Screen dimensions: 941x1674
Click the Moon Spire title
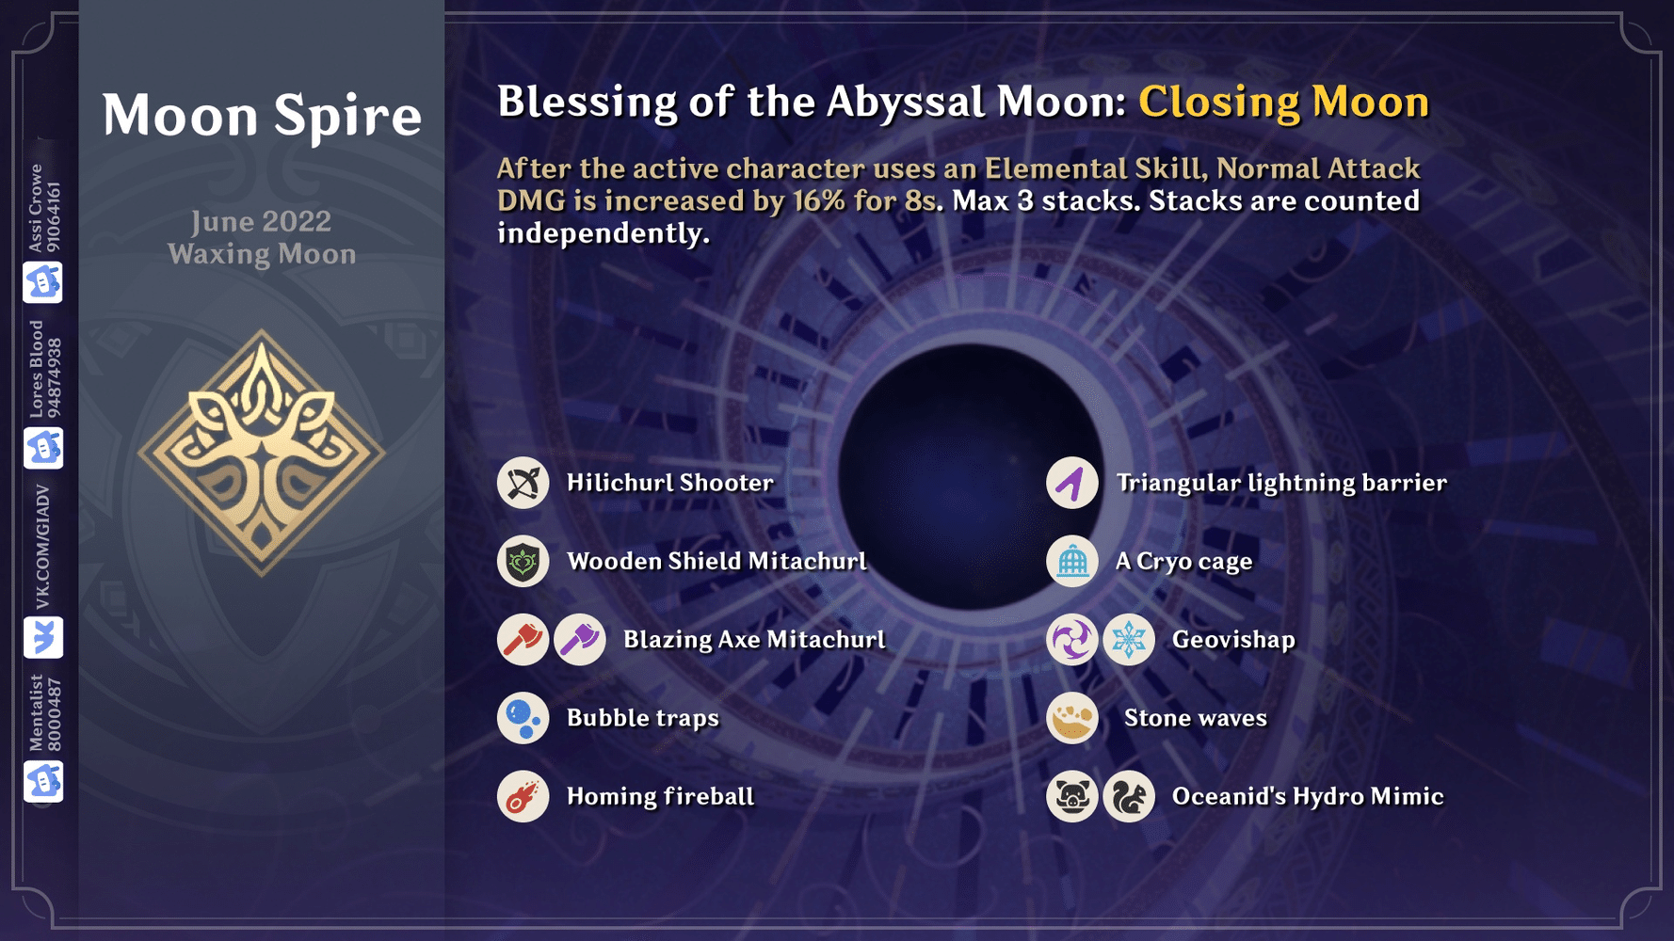(262, 115)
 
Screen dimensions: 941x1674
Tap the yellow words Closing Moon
(1283, 102)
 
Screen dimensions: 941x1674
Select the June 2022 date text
(262, 221)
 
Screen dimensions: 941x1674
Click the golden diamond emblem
(262, 452)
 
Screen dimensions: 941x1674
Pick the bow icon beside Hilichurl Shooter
(523, 483)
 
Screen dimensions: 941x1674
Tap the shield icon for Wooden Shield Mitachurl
(523, 562)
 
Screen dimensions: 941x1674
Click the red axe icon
(523, 640)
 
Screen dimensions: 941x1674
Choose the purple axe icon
(580, 640)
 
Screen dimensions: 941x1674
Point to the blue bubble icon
(523, 718)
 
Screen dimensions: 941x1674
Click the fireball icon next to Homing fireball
(523, 797)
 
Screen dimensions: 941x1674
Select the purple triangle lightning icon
(1071, 483)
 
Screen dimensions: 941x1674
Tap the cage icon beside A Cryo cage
(1071, 562)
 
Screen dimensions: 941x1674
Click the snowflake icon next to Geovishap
(1129, 640)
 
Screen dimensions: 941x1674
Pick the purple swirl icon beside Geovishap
(1071, 640)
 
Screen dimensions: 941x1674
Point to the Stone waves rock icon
(1071, 718)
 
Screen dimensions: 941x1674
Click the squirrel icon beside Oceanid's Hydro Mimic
(1129, 797)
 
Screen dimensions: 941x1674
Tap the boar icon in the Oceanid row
(1071, 797)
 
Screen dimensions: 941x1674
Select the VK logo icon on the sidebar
(43, 638)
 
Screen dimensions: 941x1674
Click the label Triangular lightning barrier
(1280, 483)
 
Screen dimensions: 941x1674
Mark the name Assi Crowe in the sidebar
(36, 207)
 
